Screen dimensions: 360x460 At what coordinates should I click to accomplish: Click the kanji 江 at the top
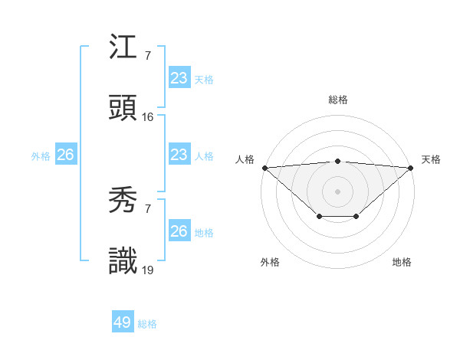(123, 49)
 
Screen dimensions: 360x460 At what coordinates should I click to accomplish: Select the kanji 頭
(123, 110)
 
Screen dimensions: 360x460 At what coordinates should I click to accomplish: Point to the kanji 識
(123, 262)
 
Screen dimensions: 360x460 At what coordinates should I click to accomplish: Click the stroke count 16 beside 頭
(148, 117)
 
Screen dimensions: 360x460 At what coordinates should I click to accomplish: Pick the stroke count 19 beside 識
(148, 270)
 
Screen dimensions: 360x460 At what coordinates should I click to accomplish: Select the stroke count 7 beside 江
(147, 57)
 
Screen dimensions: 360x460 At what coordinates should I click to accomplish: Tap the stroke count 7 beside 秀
(147, 209)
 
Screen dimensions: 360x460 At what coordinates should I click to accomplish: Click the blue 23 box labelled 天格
(179, 78)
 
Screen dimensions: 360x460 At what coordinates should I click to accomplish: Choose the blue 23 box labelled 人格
(179, 155)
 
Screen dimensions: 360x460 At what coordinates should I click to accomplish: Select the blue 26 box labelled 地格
(179, 231)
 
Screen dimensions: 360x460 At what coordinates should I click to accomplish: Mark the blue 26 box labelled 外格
(65, 155)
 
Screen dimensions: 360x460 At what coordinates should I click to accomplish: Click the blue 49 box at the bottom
(123, 322)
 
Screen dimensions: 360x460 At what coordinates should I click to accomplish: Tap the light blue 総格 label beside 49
(148, 324)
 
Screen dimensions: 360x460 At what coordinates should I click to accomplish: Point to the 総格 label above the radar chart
(338, 100)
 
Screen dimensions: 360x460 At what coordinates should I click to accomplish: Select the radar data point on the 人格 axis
(264, 168)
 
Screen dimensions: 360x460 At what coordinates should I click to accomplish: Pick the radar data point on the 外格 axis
(319, 217)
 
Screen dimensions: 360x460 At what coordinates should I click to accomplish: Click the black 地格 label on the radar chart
(402, 263)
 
